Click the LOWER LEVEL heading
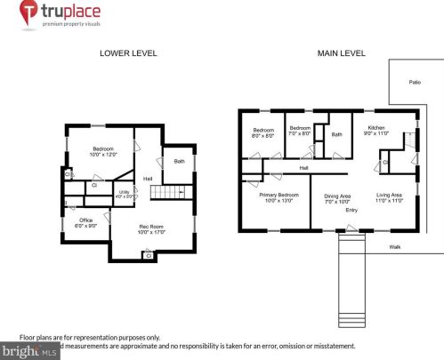[128, 53]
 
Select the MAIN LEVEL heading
[342, 53]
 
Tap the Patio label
[414, 81]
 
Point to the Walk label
[396, 246]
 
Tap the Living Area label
[389, 194]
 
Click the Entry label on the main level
[351, 210]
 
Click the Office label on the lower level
[86, 220]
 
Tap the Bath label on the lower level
[180, 161]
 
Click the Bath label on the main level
[337, 134]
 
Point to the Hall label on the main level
[303, 167]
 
